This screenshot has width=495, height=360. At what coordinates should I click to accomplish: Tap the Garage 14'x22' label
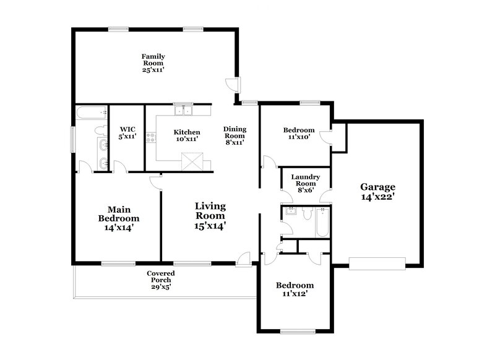tap(377, 192)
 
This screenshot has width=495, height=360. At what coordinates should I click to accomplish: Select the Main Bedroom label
tap(119, 218)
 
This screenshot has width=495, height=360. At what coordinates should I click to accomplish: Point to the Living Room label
tap(210, 216)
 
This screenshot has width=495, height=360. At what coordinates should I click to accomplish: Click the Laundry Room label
tap(305, 184)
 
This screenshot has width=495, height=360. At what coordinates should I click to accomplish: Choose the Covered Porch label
tap(160, 280)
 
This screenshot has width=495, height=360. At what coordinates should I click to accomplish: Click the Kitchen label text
tap(186, 135)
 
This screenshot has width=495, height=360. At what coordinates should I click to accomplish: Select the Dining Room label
tap(235, 135)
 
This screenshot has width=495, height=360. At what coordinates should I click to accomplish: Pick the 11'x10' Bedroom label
tap(299, 134)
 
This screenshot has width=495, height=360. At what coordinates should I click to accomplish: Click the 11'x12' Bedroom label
tap(295, 289)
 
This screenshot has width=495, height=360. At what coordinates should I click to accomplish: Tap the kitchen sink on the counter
tap(183, 111)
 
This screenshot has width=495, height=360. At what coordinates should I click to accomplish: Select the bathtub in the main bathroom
tap(92, 113)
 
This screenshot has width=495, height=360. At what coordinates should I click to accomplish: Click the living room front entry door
tap(244, 258)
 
